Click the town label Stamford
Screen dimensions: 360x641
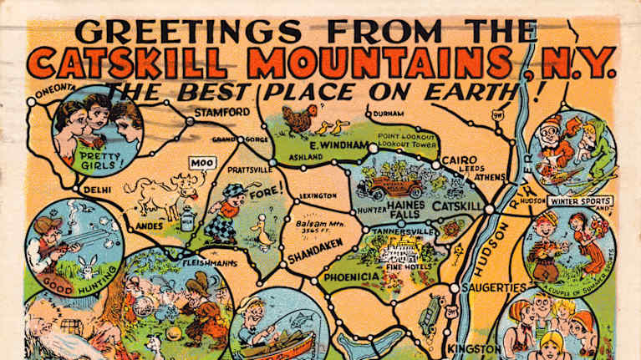coord(222,112)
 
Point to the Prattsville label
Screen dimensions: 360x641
coord(250,170)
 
